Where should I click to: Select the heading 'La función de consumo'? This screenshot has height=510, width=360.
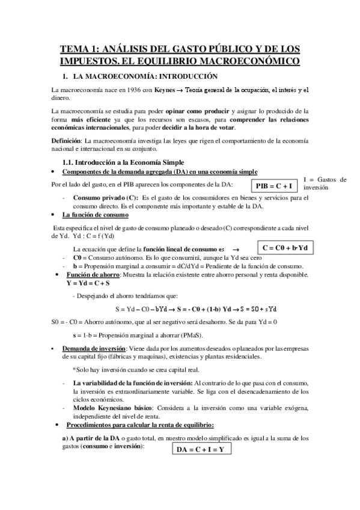click(x=95, y=215)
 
